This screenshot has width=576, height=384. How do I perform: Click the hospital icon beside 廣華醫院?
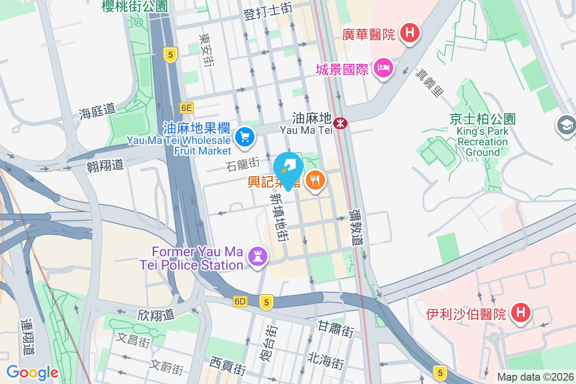coord(410,34)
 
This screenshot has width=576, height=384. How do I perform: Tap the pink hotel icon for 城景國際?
coord(384,69)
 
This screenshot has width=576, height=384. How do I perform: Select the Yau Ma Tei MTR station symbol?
coord(341,123)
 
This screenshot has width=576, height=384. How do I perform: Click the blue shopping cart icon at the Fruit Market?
coord(245,138)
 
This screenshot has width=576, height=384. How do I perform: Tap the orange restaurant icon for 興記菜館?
coord(315,180)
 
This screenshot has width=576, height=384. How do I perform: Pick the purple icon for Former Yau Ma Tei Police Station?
coord(258,256)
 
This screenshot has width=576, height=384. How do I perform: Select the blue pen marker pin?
coord(288,168)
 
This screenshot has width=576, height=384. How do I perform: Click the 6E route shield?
coord(187,108)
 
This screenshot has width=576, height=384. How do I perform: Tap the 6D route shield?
coord(240,301)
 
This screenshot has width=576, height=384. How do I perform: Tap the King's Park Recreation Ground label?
coord(482,135)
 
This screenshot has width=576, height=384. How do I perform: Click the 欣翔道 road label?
coord(156,315)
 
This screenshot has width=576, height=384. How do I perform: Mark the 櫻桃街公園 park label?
coord(134,6)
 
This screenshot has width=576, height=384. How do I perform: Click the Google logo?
coord(32,372)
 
